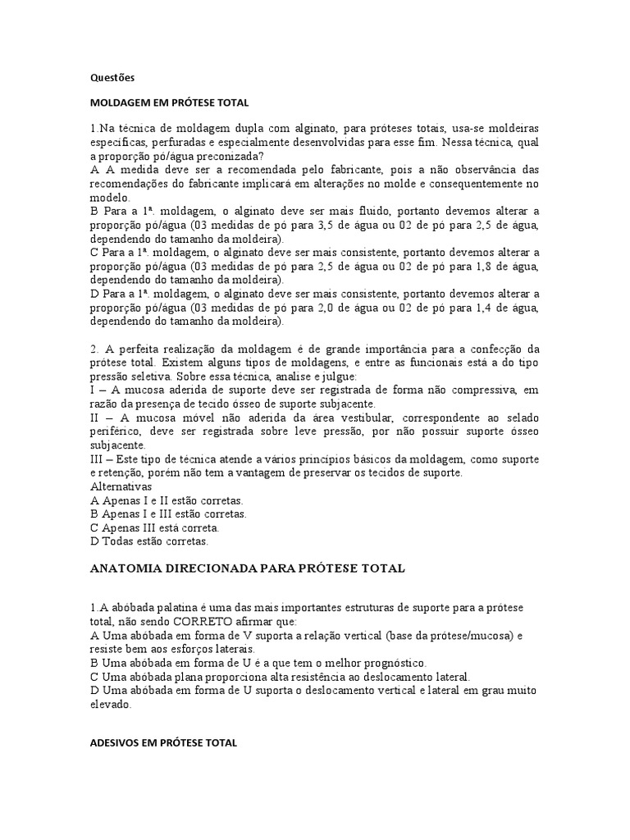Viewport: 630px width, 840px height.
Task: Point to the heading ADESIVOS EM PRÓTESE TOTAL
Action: click(x=163, y=742)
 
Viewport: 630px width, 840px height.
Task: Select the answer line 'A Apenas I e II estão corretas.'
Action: click(x=167, y=500)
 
